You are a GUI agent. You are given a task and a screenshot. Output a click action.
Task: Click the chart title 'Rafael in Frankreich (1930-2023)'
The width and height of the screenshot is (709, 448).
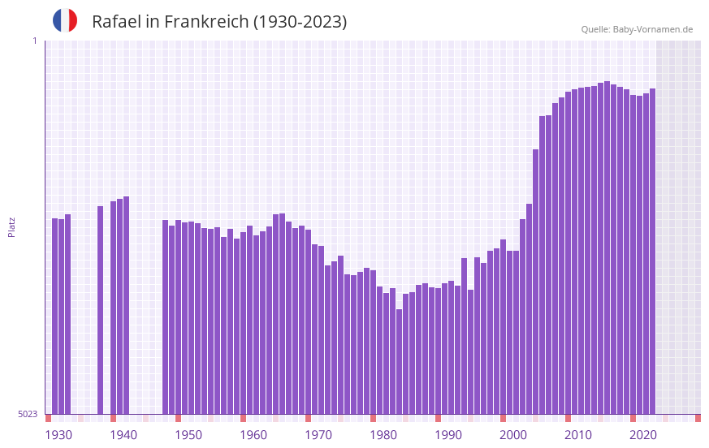click(219, 22)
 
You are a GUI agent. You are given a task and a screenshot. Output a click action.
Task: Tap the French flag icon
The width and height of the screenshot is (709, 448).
click(65, 21)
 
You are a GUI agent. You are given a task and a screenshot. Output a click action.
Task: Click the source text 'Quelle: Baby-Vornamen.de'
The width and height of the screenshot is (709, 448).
click(637, 29)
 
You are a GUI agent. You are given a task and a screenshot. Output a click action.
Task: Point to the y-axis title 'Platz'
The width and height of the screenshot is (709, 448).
click(11, 226)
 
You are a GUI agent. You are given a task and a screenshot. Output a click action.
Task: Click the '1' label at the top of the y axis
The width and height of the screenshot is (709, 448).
click(34, 41)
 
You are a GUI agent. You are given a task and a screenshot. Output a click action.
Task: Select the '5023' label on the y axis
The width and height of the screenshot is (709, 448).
click(28, 414)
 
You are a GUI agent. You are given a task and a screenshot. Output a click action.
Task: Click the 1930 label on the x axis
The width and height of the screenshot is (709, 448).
click(58, 435)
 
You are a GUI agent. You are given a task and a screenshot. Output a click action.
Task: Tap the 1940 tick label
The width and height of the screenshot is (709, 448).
click(123, 435)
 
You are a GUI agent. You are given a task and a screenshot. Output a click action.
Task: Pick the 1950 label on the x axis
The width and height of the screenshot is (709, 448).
click(188, 435)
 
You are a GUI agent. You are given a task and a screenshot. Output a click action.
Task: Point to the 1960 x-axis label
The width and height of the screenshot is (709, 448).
click(253, 435)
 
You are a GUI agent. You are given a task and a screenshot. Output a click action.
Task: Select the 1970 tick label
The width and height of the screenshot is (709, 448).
click(318, 435)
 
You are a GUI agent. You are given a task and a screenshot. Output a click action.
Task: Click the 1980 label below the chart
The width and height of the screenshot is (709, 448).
click(383, 435)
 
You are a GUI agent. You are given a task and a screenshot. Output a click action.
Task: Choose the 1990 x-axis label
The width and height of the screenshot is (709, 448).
click(448, 435)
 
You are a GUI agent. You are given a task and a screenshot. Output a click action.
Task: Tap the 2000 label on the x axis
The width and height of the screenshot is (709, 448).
click(513, 435)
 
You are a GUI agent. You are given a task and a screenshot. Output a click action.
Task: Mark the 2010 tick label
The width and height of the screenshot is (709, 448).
click(578, 435)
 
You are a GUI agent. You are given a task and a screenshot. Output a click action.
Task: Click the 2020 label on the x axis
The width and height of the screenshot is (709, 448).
click(643, 435)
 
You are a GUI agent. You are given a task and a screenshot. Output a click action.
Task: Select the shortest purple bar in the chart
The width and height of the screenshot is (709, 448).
click(400, 361)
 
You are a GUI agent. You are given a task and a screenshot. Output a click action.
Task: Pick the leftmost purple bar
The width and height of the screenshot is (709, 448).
click(55, 316)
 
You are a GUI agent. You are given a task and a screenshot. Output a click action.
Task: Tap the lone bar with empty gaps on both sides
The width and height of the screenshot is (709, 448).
click(101, 309)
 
